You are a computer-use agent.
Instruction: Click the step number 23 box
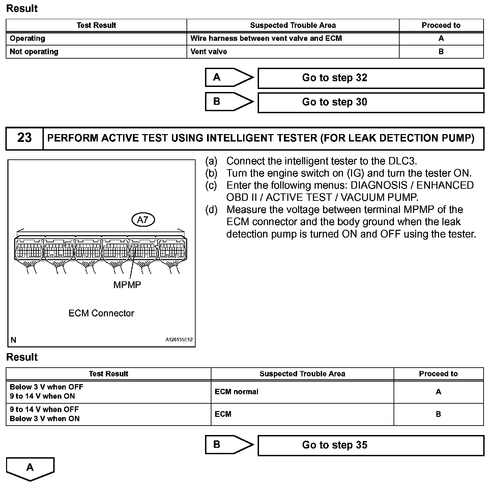(x=24, y=138)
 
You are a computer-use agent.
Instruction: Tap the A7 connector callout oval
(x=143, y=220)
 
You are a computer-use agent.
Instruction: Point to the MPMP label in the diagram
(x=127, y=285)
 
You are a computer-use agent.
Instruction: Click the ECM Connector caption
(x=101, y=313)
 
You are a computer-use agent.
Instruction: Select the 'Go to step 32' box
(x=371, y=78)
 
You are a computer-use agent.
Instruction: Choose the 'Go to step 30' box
(x=371, y=102)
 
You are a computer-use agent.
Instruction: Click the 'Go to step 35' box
(x=371, y=445)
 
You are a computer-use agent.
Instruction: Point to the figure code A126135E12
(x=179, y=340)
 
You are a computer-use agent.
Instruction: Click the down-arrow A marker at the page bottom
(x=30, y=468)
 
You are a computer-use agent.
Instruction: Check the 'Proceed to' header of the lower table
(x=438, y=374)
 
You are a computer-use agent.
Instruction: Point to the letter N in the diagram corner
(x=13, y=340)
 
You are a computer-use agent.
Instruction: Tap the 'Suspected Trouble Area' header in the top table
(x=293, y=26)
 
